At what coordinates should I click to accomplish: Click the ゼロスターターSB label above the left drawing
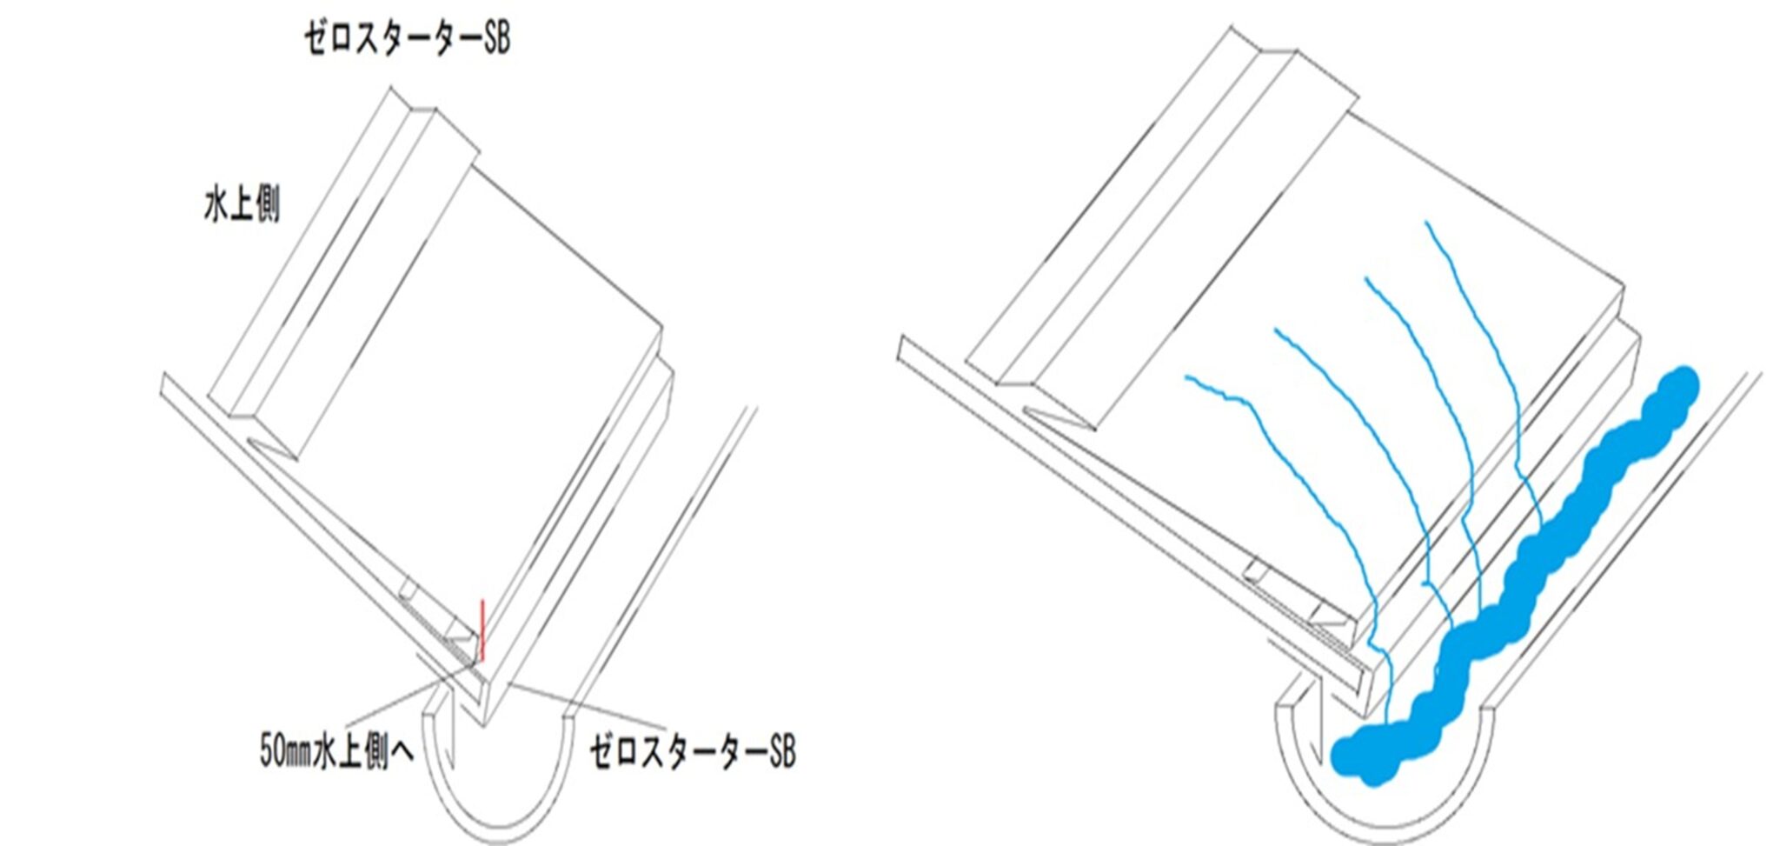click(407, 39)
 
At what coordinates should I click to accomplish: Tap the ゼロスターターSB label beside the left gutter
click(693, 751)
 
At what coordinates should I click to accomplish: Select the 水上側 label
click(242, 206)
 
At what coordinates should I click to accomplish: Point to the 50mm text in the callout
click(286, 752)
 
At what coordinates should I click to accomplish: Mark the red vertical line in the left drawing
click(482, 630)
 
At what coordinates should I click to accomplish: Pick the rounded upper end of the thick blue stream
click(1677, 387)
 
